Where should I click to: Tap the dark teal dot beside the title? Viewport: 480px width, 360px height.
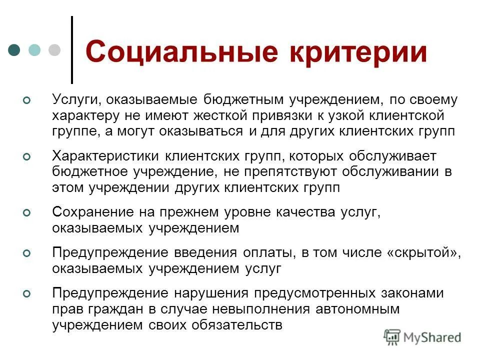(x=14, y=50)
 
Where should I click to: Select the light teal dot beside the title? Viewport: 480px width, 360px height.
(x=34, y=50)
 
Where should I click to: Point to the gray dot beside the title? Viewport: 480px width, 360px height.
(x=54, y=50)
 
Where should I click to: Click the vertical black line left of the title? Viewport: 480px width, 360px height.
(x=72, y=50)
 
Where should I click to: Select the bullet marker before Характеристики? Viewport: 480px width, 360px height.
(x=27, y=157)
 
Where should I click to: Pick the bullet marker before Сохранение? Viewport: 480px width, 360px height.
(x=27, y=213)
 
